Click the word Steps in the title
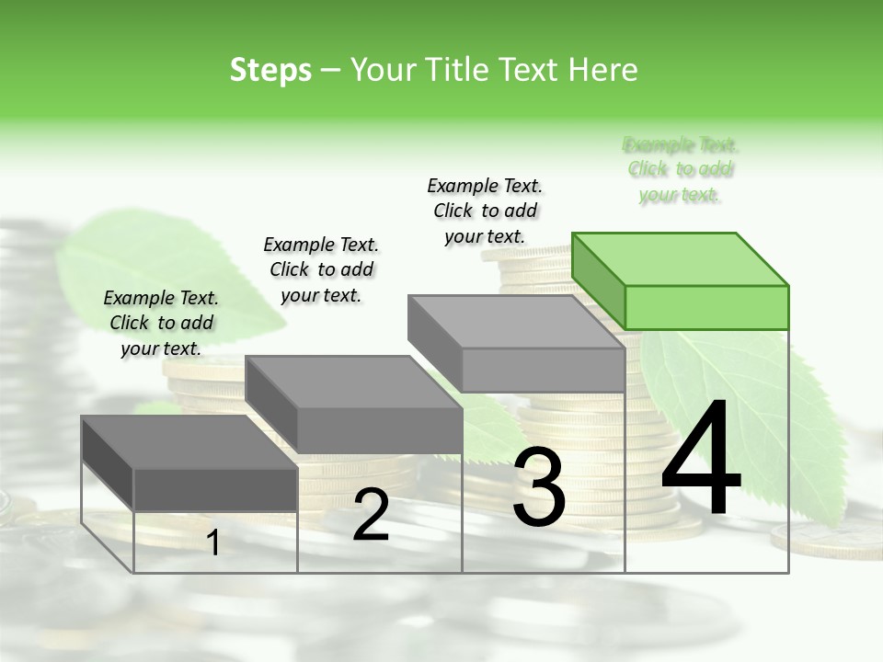[x=270, y=70]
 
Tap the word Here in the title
[x=603, y=70]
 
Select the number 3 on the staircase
[x=539, y=487]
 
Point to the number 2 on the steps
[x=371, y=516]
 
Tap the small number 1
[x=213, y=543]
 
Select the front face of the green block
[x=706, y=307]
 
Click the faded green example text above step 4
[x=681, y=169]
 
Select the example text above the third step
[x=485, y=211]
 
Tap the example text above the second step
[x=321, y=269]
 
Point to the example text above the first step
[x=161, y=323]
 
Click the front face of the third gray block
[x=543, y=371]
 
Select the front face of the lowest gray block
[x=215, y=489]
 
